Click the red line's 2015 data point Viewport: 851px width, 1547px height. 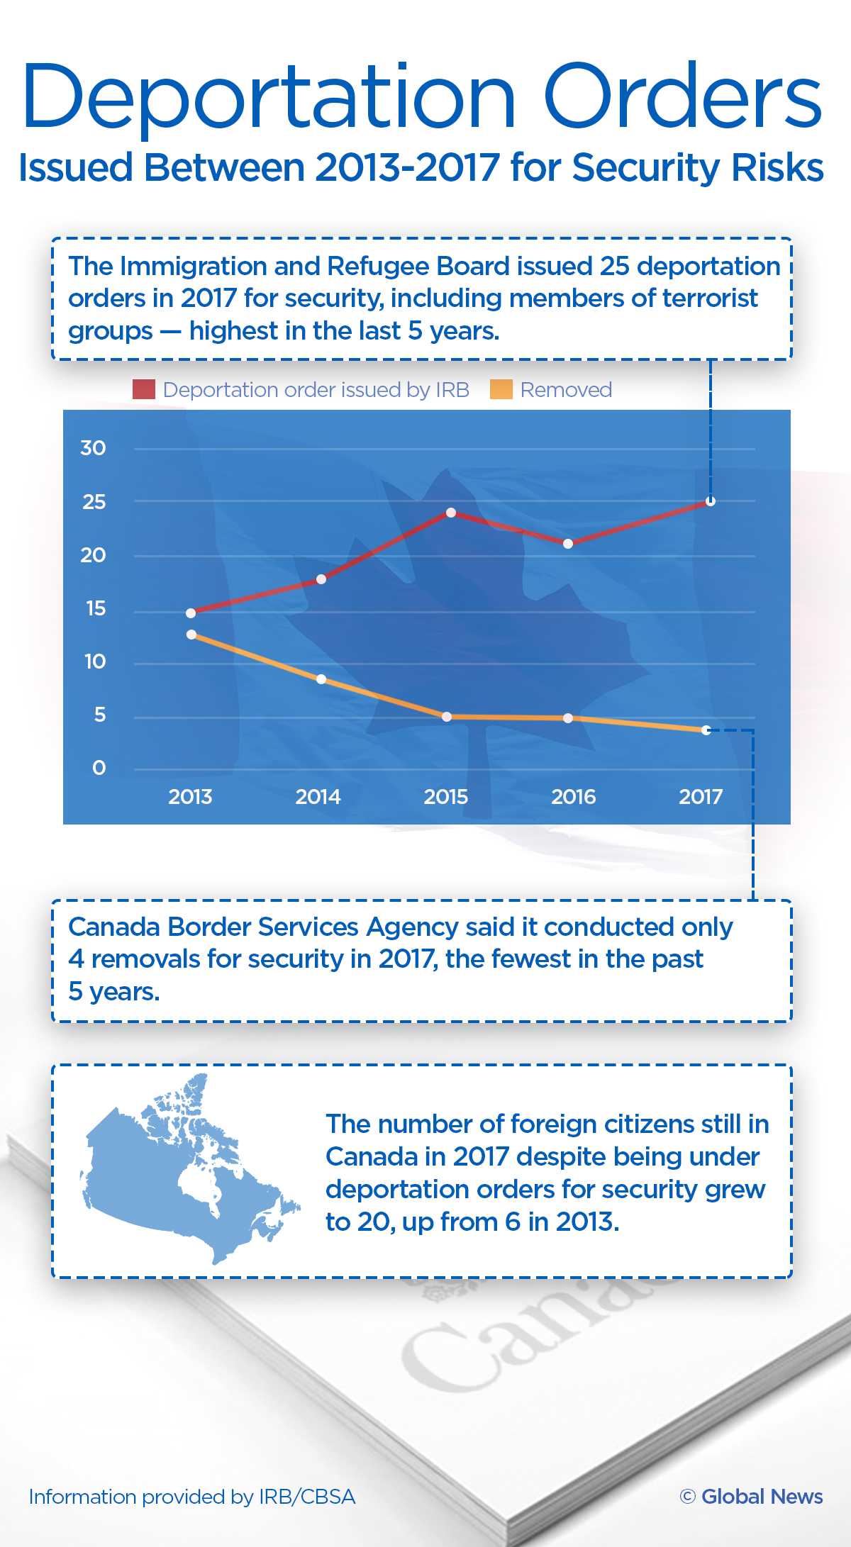point(451,513)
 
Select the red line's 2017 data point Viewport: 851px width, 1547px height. point(711,501)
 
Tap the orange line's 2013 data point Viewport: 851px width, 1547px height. point(191,635)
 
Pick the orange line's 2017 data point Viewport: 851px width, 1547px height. point(706,730)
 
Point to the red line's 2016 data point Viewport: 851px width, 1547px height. point(568,544)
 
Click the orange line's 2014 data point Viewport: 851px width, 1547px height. point(321,679)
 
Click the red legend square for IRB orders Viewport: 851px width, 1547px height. point(144,389)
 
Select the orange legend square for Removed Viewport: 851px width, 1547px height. point(501,389)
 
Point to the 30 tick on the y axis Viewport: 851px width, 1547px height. point(93,448)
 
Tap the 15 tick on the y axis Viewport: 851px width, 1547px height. point(95,608)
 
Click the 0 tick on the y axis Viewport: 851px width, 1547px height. point(99,768)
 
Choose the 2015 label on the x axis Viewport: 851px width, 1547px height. point(445,797)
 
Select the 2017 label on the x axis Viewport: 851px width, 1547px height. point(701,797)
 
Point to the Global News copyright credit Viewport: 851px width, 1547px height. point(752,1497)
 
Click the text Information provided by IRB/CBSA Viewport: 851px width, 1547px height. point(192,1497)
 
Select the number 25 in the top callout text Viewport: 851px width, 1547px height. point(614,267)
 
